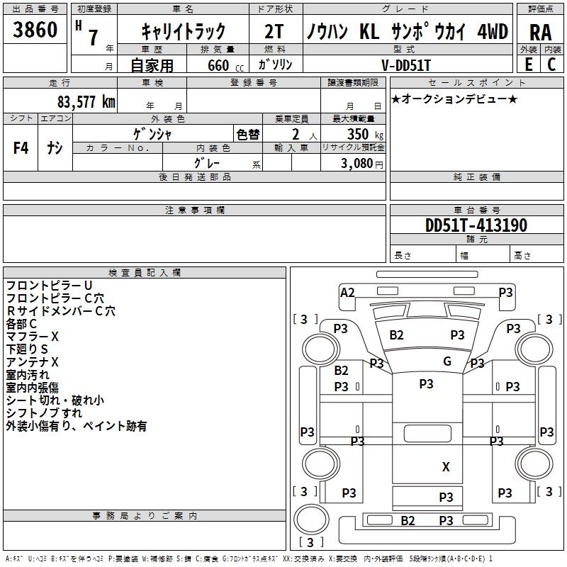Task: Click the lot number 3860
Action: click(35, 29)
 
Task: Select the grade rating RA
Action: click(541, 33)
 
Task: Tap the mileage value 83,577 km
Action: click(86, 102)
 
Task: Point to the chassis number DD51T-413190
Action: click(476, 225)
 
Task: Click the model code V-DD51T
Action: click(406, 65)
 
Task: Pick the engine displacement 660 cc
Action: click(225, 66)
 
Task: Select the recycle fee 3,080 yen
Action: click(361, 164)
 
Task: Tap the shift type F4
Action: click(21, 148)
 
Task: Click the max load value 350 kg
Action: click(365, 134)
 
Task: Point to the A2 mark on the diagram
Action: click(347, 293)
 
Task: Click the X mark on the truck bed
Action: click(446, 467)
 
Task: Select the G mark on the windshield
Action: click(447, 361)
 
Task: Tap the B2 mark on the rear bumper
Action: click(408, 521)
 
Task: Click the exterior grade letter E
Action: click(529, 64)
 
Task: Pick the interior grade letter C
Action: click(551, 64)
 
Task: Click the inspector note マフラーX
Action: click(32, 337)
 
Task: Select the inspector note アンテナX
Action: click(32, 362)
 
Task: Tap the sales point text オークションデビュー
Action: click(454, 99)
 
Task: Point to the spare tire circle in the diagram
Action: click(311, 519)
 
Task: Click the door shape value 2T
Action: click(274, 31)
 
